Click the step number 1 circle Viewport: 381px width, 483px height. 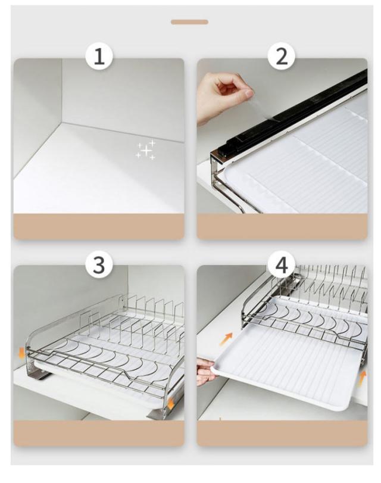(99, 57)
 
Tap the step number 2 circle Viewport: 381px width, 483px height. (281, 57)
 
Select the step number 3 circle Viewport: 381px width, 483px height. (99, 265)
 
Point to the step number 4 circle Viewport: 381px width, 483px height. (281, 265)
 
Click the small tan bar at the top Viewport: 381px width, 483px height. (189, 22)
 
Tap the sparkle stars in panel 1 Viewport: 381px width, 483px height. (146, 150)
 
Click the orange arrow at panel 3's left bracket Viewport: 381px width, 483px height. (21, 353)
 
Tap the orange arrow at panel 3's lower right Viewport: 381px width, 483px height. (171, 404)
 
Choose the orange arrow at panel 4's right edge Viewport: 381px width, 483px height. (363, 378)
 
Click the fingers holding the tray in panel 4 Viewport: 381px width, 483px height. (205, 370)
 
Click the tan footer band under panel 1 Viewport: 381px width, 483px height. (99, 226)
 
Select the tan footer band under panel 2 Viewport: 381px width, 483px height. (282, 226)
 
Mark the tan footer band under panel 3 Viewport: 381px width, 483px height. (99, 434)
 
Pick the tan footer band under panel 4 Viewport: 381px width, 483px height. (282, 434)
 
